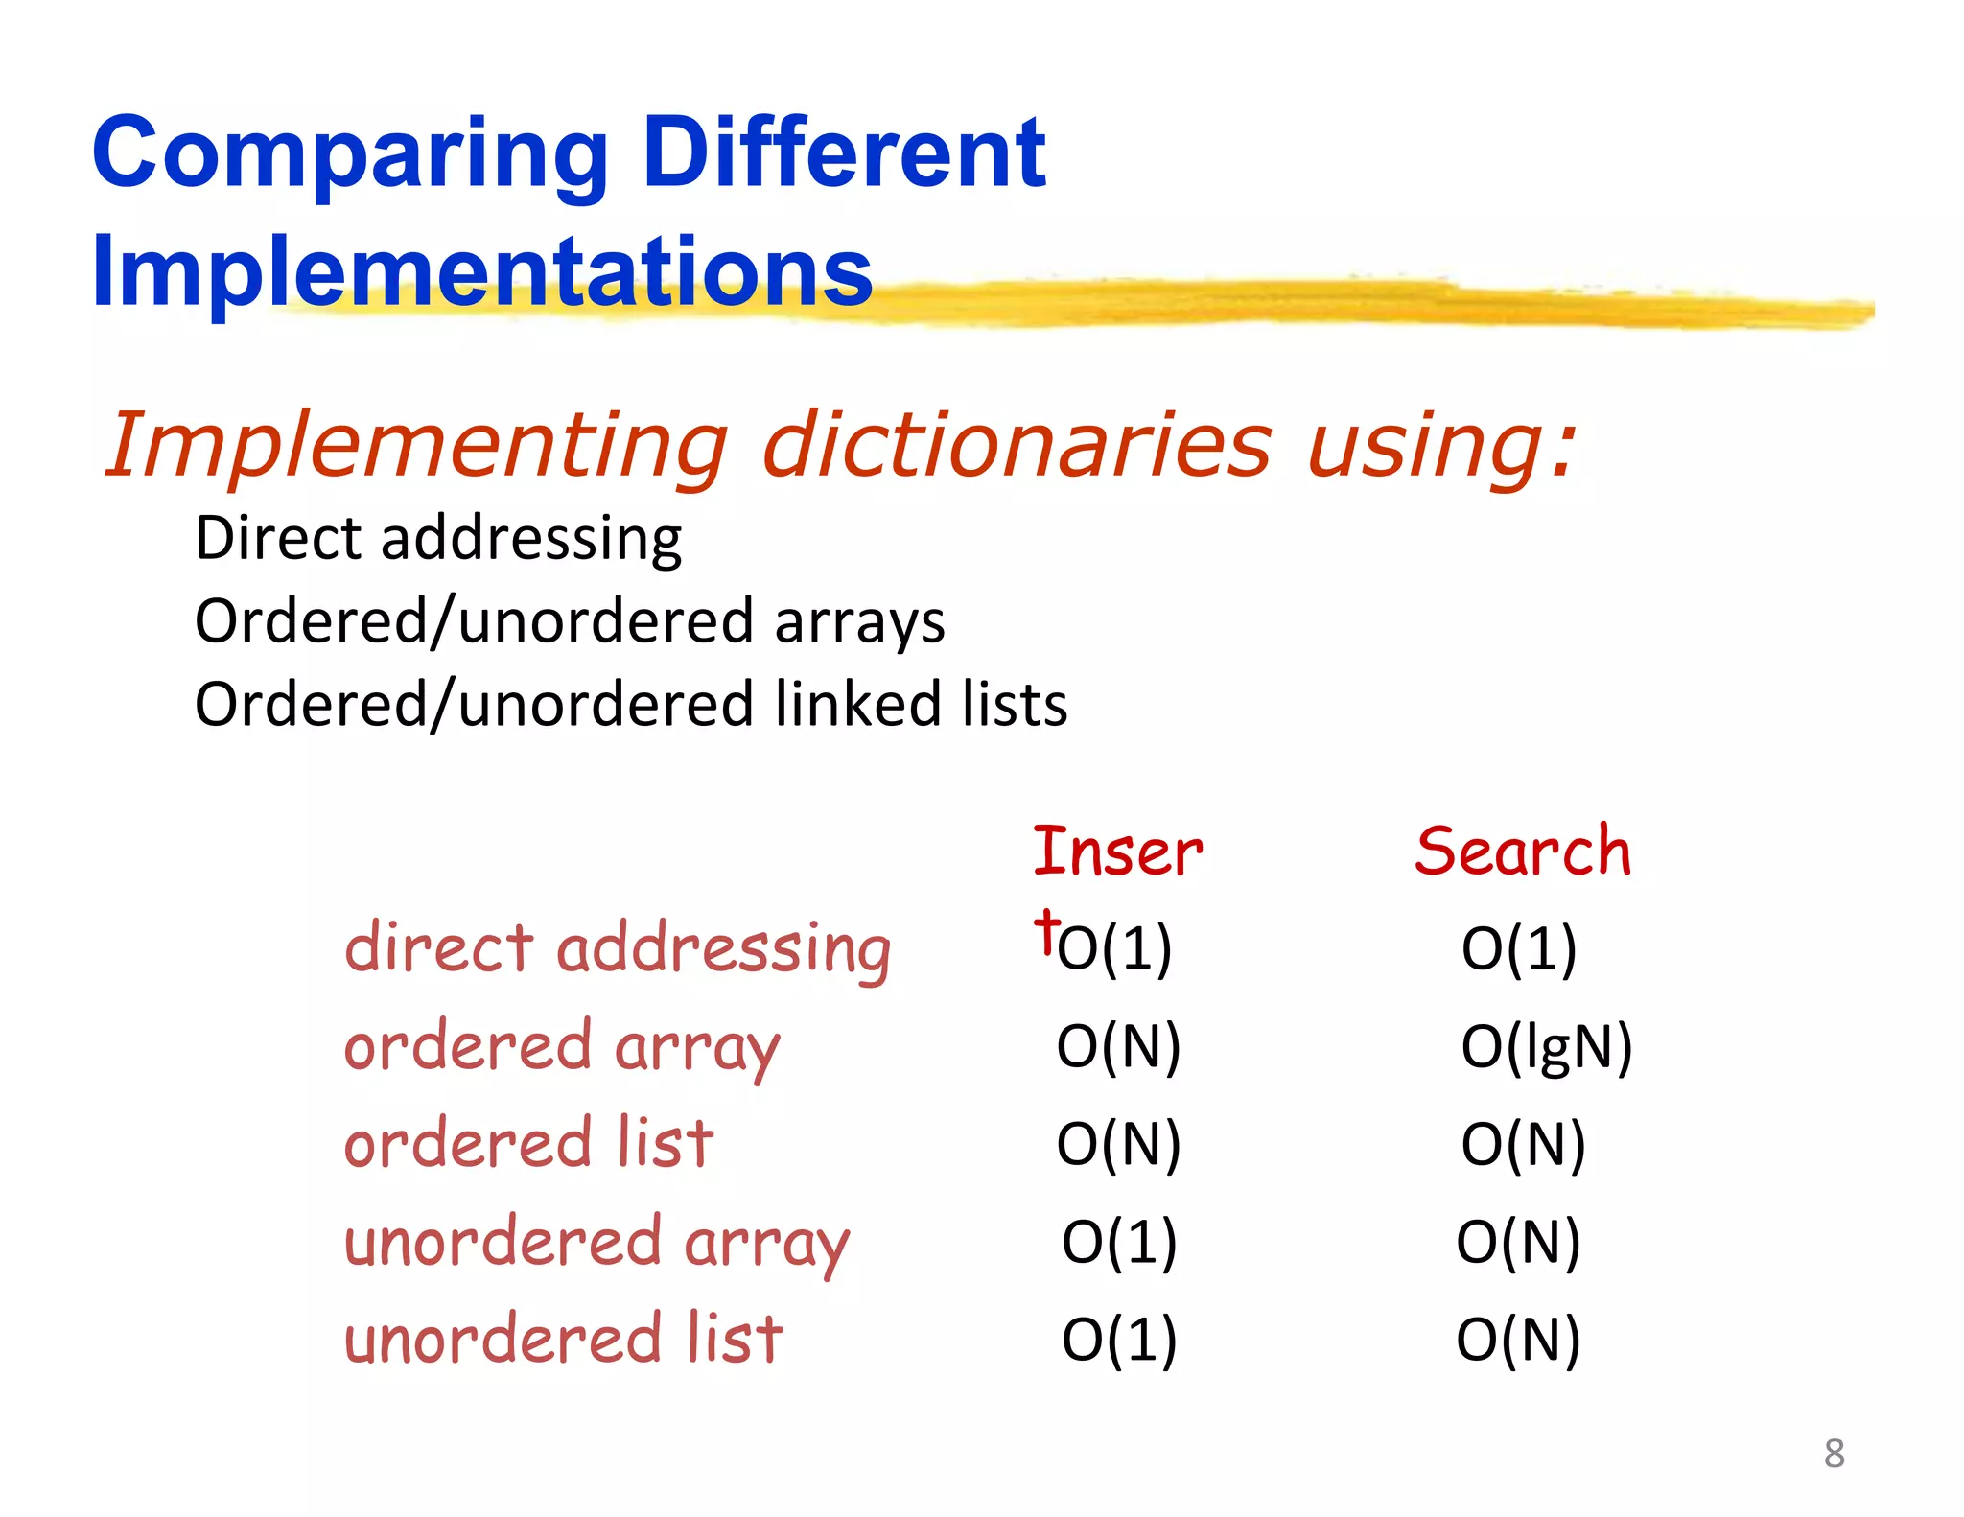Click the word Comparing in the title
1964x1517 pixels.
pyautogui.click(x=349, y=153)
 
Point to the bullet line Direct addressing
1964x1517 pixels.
pyautogui.click(x=438, y=538)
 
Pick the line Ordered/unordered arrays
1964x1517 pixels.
pyautogui.click(x=570, y=621)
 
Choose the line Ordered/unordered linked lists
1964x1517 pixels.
pyautogui.click(x=631, y=705)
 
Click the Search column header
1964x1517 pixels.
pyautogui.click(x=1523, y=852)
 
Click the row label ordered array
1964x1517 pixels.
pyautogui.click(x=562, y=1047)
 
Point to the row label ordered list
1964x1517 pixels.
pyautogui.click(x=528, y=1144)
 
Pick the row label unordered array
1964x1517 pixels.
pyautogui.click(x=596, y=1243)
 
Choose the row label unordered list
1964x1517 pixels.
pyautogui.click(x=564, y=1340)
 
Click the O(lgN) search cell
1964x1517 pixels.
pyautogui.click(x=1546, y=1046)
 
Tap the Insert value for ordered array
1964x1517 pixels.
pyautogui.click(x=1118, y=1046)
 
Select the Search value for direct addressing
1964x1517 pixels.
pyautogui.click(x=1519, y=949)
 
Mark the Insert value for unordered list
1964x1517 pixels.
pyautogui.click(x=1119, y=1340)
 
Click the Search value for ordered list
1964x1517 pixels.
pyautogui.click(x=1523, y=1144)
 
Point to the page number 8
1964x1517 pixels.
pyautogui.click(x=1834, y=1454)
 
